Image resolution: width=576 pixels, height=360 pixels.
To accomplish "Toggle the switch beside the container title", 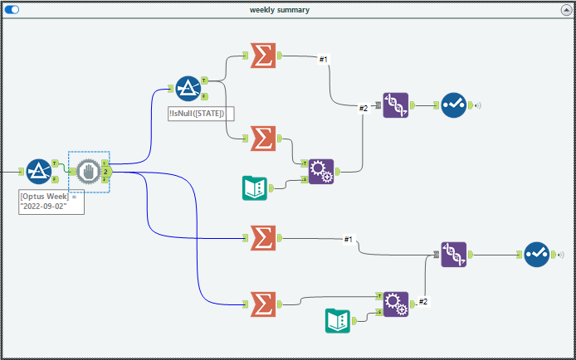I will click(x=12, y=10).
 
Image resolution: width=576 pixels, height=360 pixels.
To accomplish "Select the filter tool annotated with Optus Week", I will click(x=38, y=172).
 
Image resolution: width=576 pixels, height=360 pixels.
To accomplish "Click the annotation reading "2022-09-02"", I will click(x=51, y=202).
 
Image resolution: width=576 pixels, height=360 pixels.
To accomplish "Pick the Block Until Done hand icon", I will click(x=88, y=172).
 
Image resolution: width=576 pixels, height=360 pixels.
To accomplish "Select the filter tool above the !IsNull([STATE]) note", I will click(x=188, y=88).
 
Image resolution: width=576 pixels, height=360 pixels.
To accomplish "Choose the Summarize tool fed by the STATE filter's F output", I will click(x=262, y=137).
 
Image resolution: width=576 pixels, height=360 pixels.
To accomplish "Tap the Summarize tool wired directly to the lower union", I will click(x=262, y=238).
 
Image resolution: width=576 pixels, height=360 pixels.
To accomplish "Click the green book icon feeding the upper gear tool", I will click(x=254, y=188).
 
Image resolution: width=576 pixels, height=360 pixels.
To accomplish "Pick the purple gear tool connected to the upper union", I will click(x=320, y=172).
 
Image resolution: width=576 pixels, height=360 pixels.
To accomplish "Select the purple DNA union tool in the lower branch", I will click(x=453, y=255).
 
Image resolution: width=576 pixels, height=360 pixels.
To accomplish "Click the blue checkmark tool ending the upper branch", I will click(x=453, y=105).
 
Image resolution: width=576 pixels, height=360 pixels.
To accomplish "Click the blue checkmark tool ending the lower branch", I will click(x=535, y=255).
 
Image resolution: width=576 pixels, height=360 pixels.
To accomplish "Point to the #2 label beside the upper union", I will click(x=363, y=108).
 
